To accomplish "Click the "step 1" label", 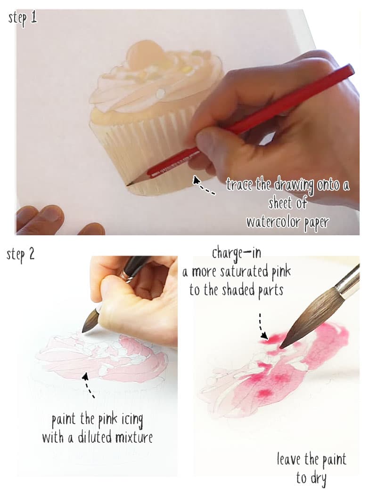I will (x=23, y=19).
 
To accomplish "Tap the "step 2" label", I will (x=21, y=255).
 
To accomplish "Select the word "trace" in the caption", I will (x=239, y=184).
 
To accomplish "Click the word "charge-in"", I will (x=236, y=253).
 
